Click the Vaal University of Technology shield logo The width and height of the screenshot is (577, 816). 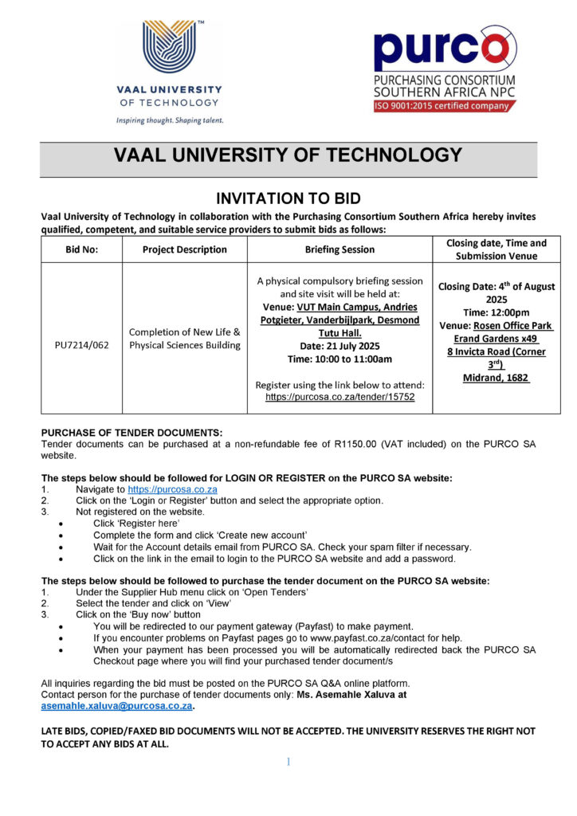pyautogui.click(x=169, y=47)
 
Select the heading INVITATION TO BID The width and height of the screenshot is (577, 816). pyautogui.click(x=288, y=198)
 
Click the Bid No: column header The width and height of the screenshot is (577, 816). pyautogui.click(x=81, y=249)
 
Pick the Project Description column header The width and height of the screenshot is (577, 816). pyautogui.click(x=184, y=249)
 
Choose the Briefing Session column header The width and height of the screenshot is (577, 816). pyautogui.click(x=340, y=249)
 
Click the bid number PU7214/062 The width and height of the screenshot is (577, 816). pyautogui.click(x=81, y=346)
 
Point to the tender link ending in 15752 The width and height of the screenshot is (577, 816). pyautogui.click(x=340, y=396)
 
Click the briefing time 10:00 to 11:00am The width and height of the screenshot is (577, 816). pyautogui.click(x=340, y=359)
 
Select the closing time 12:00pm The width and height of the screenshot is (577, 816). pyautogui.click(x=496, y=312)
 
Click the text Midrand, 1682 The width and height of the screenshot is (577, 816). pyautogui.click(x=496, y=377)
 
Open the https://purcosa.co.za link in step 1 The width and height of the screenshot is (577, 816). pyautogui.click(x=172, y=489)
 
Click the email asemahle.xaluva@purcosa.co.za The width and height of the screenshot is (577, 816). pyautogui.click(x=116, y=706)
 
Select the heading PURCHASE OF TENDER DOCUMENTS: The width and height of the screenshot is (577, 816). pyautogui.click(x=131, y=432)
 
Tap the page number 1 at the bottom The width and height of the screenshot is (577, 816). pyautogui.click(x=288, y=762)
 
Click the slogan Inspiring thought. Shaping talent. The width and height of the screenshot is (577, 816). pyautogui.click(x=170, y=120)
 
